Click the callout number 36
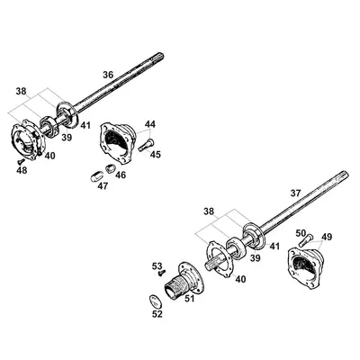pos(108,75)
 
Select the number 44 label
pos(150,123)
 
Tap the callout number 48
pos(21,169)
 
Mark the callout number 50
pos(301,232)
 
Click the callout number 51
pos(189,301)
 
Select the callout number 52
pos(157,314)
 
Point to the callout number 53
pos(157,265)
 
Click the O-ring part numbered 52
pos(157,300)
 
